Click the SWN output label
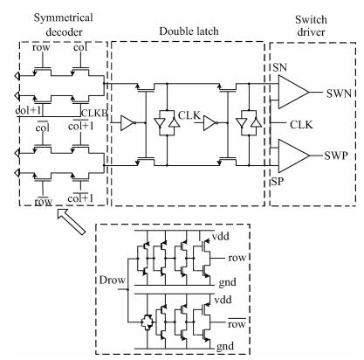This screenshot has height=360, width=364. point(339,93)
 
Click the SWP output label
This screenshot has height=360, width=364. point(336,156)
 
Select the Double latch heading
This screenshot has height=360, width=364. point(189,31)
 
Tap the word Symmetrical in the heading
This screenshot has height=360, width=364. point(63,18)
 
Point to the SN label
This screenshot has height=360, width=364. point(280,67)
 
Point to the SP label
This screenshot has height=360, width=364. point(277,182)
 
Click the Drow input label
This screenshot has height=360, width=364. point(113,280)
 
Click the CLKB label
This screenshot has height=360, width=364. point(94,114)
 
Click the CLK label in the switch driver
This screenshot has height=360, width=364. point(301,125)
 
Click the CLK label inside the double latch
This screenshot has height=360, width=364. point(189,115)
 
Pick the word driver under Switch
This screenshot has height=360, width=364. point(311,31)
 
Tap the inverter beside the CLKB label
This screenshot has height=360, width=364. point(128,123)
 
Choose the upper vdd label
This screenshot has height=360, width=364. point(221,236)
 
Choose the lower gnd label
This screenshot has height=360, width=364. point(225,346)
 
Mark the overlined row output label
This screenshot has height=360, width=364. point(237,323)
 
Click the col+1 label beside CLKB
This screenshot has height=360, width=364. point(81,126)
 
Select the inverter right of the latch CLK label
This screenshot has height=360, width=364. point(210,123)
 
